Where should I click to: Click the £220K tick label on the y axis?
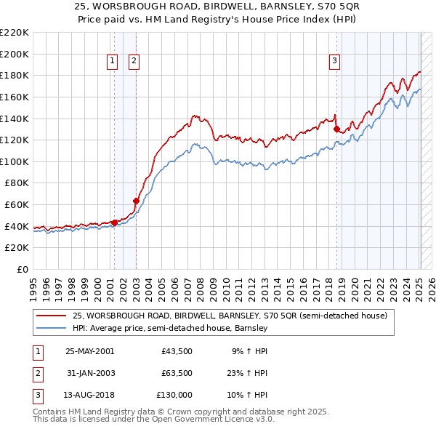pos(15,33)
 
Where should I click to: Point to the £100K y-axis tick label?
pos(15,161)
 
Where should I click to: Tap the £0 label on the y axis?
pos(22,269)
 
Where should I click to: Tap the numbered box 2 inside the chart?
pos(134,62)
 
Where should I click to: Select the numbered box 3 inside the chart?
pos(334,62)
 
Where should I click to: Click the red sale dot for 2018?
pos(336,129)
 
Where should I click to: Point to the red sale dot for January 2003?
pos(136,201)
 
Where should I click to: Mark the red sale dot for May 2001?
pos(114,222)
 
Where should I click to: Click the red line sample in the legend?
pos(51,316)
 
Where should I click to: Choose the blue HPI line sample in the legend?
pos(51,328)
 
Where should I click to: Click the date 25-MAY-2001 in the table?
pos(89,350)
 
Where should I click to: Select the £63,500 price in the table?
pos(177,372)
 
